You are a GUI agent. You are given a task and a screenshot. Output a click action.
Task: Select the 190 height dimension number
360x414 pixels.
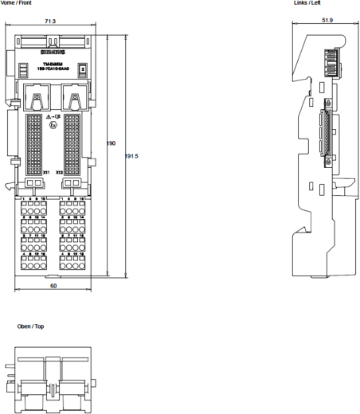tap(112, 143)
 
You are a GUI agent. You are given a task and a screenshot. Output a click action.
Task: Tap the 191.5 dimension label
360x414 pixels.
tap(132, 157)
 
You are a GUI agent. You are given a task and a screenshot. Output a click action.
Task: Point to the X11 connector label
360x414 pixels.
tap(47, 171)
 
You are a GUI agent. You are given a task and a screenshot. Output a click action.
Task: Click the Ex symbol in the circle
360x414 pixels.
tap(53, 126)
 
